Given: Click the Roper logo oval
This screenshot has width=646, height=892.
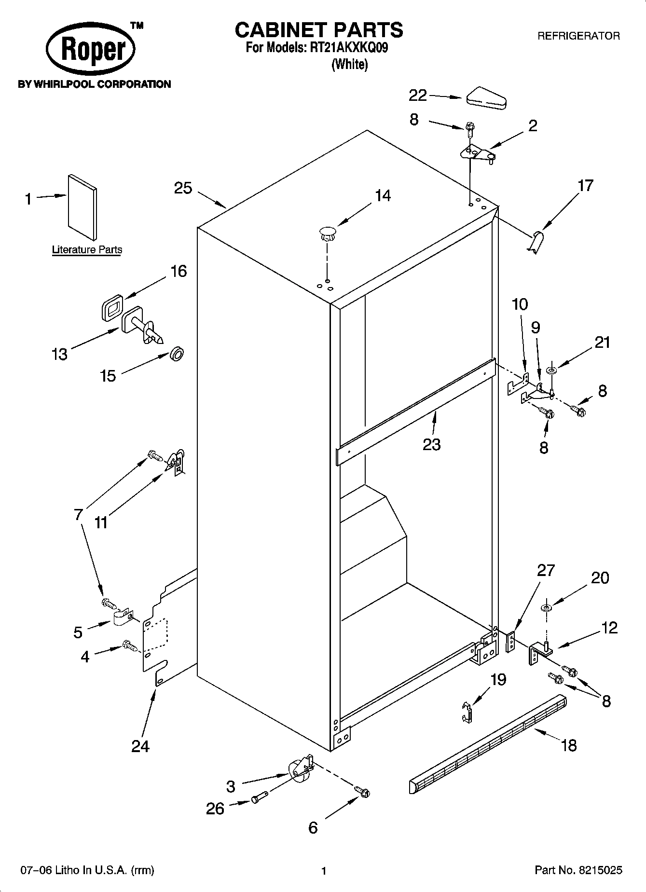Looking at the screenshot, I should click(91, 50).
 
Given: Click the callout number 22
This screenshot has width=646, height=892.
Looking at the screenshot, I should click(418, 96).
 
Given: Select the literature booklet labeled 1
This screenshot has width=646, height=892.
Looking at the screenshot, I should click(82, 206).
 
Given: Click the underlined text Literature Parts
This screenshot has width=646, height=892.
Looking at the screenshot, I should click(87, 250).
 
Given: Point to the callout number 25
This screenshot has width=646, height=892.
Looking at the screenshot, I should click(183, 188).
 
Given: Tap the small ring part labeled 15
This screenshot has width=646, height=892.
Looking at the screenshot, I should click(177, 355).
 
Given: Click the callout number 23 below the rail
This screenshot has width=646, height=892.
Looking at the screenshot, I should click(431, 444).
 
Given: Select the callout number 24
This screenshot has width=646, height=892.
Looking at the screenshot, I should click(140, 746).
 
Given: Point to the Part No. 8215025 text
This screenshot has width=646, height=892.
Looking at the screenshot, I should click(578, 870).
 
